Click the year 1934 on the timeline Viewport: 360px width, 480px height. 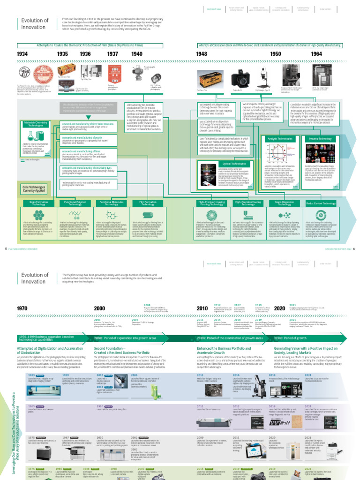click(22, 54)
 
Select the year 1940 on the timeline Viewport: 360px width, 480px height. click(136, 54)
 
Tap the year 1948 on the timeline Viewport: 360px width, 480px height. click(201, 54)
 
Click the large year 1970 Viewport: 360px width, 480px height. click(22, 308)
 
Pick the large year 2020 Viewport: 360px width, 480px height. click(279, 308)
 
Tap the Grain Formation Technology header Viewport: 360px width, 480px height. click(36, 203)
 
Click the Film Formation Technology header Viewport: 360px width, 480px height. click(148, 203)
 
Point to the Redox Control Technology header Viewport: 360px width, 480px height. click(322, 204)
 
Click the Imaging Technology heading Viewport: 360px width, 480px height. click(321, 139)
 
